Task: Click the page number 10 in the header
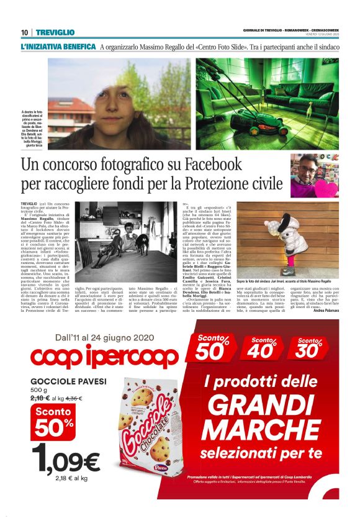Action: tap(24, 32)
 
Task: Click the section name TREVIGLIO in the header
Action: tap(55, 32)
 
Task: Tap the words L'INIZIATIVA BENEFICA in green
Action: tap(58, 47)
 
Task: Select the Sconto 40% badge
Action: tap(268, 350)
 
